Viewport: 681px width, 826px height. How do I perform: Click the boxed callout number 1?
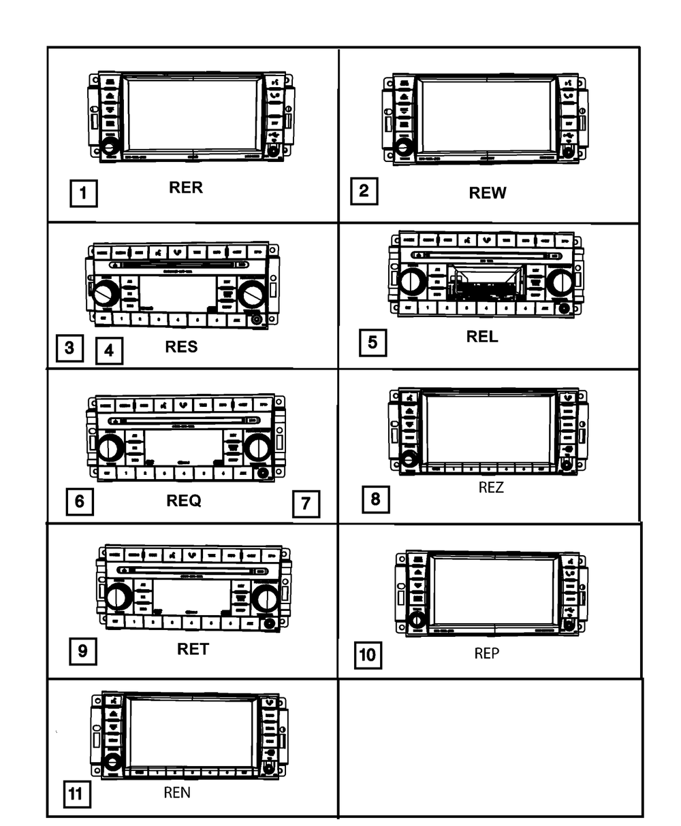[83, 193]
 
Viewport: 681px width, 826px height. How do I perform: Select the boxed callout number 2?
[364, 191]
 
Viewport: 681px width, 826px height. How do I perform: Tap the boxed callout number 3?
[69, 349]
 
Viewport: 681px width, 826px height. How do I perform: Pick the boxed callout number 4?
[109, 351]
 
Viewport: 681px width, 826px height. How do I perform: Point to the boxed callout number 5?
[372, 342]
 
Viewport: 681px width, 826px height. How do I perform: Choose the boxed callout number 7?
[306, 504]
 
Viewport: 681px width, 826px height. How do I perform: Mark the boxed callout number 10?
[366, 655]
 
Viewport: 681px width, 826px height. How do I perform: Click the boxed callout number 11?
[76, 794]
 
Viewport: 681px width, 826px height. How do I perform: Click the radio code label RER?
[186, 188]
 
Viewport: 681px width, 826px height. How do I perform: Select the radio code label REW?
[488, 193]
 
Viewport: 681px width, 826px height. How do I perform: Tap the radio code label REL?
[482, 336]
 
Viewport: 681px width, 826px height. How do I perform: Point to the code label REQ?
[184, 501]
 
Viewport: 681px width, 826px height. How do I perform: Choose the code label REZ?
[490, 487]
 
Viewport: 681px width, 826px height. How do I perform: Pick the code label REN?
[177, 793]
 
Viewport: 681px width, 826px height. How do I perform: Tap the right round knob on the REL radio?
[560, 282]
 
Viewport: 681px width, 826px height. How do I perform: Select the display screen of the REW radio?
[485, 116]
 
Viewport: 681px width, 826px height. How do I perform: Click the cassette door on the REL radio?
[486, 281]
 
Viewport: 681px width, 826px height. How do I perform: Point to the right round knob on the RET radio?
[264, 598]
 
